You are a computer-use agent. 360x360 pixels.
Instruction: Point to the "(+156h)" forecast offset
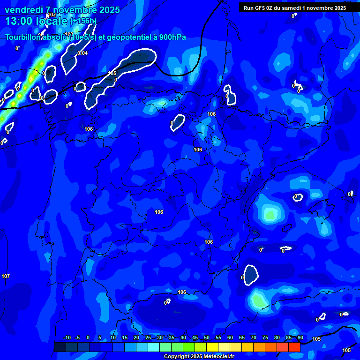tap(83, 21)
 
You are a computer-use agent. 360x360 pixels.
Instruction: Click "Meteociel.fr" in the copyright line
tap(217, 357)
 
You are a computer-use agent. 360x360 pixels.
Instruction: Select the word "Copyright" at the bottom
tap(177, 357)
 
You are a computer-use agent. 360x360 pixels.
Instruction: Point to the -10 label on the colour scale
tap(67, 338)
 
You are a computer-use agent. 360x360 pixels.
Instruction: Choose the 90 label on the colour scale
tap(300, 338)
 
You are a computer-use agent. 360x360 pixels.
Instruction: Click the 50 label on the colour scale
tap(207, 338)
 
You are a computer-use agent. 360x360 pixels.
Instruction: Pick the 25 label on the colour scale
tap(148, 338)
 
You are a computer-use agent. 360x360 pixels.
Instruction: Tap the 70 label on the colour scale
tap(254, 338)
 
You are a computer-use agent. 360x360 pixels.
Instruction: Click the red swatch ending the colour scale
tap(294, 347)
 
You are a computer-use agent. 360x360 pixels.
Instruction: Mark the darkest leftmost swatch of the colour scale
tap(60, 347)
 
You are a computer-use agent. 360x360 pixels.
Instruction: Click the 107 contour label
tap(6, 276)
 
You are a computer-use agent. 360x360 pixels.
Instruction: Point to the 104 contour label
tap(83, 53)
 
